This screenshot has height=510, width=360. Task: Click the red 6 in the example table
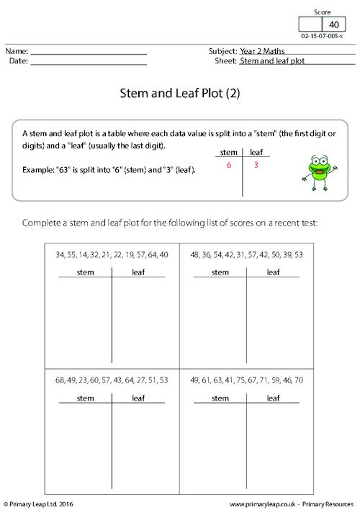228,166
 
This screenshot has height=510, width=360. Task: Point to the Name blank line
89,53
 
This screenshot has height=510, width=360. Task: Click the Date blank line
89,62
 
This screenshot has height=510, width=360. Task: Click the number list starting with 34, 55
111,255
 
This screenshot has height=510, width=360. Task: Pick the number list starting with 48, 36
247,255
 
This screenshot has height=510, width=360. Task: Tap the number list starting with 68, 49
111,380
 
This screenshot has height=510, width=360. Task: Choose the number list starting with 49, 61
247,380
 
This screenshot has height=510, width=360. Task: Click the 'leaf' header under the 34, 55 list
138,272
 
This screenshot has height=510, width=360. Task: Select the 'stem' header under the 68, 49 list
85,398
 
